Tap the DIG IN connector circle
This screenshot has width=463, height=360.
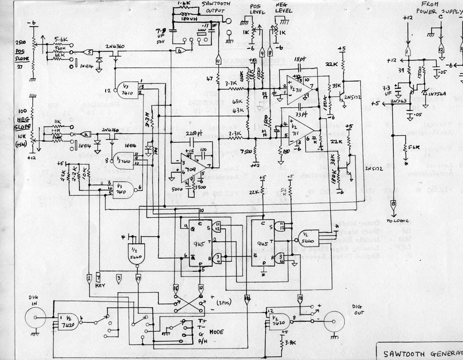36,318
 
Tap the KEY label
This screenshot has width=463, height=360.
100,286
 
